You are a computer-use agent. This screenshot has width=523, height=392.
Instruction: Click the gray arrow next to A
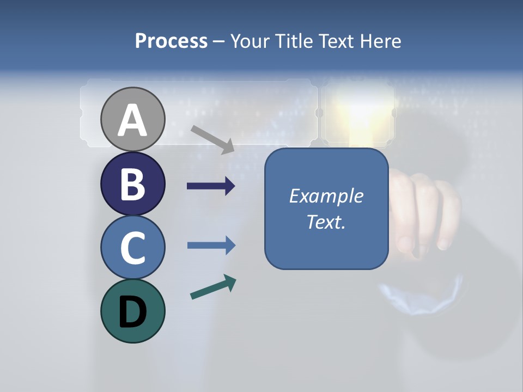(212, 139)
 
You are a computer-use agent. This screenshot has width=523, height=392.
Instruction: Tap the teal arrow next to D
(213, 287)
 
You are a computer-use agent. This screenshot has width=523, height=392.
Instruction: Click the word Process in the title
(171, 41)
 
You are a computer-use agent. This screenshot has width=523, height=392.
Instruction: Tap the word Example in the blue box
(326, 196)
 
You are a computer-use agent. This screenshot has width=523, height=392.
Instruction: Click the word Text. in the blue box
(326, 222)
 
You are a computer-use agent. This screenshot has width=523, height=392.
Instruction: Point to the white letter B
(133, 184)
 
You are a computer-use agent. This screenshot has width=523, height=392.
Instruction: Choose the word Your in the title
(248, 41)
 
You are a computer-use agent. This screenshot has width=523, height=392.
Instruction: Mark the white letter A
(133, 120)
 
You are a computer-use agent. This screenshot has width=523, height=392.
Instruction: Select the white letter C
(133, 247)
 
